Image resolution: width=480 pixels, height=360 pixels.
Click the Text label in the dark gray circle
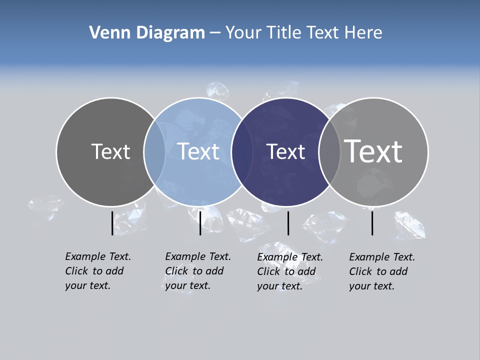[110, 151]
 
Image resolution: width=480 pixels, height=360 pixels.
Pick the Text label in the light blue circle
[198, 151]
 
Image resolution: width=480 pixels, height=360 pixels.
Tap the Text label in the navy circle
[285, 151]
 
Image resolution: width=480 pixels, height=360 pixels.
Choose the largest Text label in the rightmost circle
[373, 151]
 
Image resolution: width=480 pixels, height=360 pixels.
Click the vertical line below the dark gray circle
[112, 223]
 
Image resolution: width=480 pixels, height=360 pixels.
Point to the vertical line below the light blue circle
[200, 223]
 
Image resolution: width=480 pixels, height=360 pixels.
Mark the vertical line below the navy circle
[288, 223]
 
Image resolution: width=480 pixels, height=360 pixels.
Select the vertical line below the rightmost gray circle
[372, 223]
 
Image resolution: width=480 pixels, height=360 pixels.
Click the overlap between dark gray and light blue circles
[154, 152]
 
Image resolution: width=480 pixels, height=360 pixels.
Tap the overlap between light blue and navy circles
[242, 152]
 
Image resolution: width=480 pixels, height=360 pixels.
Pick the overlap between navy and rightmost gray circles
[329, 152]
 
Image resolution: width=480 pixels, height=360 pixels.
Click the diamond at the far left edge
[46, 207]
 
